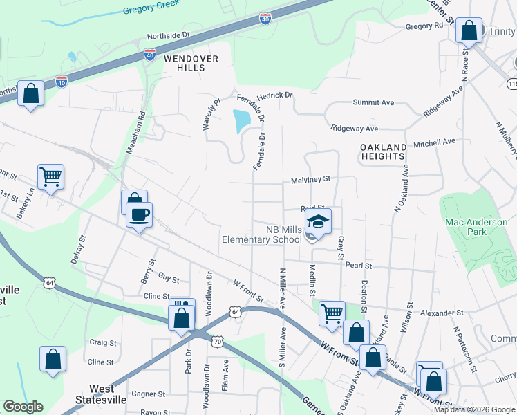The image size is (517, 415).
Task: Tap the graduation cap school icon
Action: pyautogui.click(x=319, y=221)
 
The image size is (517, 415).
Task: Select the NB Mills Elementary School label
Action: pyautogui.click(x=261, y=234)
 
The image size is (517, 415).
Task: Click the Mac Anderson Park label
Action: pyautogui.click(x=476, y=227)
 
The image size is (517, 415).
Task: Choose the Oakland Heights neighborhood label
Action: pyautogui.click(x=383, y=151)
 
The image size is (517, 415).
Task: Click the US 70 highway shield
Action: pyautogui.click(x=218, y=342)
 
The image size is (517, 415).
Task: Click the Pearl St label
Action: pyautogui.click(x=359, y=266)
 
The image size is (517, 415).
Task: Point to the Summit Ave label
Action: pyautogui.click(x=373, y=102)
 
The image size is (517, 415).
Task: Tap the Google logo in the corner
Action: pyautogui.click(x=23, y=407)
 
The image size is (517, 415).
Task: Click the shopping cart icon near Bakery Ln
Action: pyautogui.click(x=51, y=177)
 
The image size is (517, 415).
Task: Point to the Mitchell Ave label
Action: pyautogui.click(x=434, y=142)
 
